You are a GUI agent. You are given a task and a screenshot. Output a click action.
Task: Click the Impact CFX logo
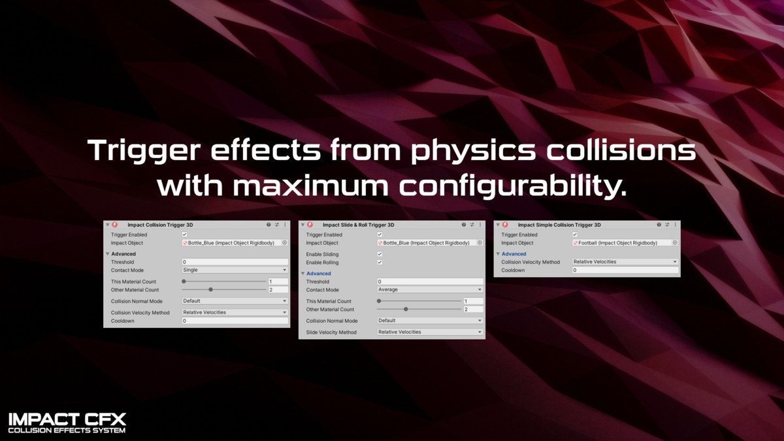click(x=67, y=423)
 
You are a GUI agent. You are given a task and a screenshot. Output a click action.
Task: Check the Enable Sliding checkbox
click(x=380, y=254)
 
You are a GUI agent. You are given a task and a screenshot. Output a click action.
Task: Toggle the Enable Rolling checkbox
click(x=380, y=262)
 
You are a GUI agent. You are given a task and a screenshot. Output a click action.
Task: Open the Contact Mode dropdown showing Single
click(x=235, y=270)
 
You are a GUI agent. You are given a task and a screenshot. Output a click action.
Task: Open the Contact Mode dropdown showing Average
click(x=430, y=289)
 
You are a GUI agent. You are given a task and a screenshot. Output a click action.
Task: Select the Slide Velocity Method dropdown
click(x=430, y=332)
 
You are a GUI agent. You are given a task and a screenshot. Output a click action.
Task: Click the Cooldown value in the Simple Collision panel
click(x=625, y=270)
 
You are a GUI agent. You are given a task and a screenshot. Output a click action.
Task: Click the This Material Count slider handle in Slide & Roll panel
click(x=379, y=301)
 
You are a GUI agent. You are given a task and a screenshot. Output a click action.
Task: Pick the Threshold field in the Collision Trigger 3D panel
click(x=235, y=262)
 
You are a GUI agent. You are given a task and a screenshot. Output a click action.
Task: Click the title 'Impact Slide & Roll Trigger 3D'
click(x=359, y=225)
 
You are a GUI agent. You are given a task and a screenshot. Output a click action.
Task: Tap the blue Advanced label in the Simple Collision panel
click(x=514, y=253)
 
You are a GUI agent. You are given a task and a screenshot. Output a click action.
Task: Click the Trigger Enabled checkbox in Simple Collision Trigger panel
click(x=575, y=235)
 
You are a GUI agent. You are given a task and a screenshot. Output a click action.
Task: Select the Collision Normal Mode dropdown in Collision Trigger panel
click(x=235, y=301)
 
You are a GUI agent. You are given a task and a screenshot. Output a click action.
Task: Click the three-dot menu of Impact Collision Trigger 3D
click(x=285, y=225)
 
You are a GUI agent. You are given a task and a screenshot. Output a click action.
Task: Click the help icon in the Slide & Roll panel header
click(x=464, y=225)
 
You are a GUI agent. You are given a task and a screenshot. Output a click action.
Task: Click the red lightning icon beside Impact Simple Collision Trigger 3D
click(x=505, y=225)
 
